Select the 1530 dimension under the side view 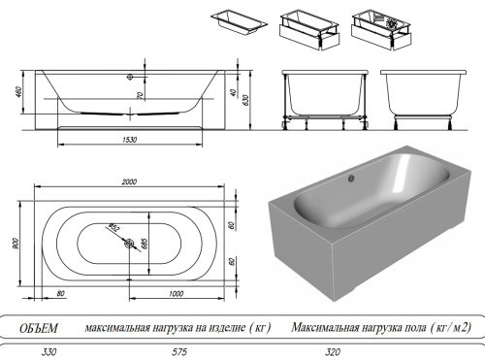click(x=129, y=141)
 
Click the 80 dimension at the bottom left click(x=60, y=294)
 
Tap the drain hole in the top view click(x=129, y=245)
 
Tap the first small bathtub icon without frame click(x=236, y=22)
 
